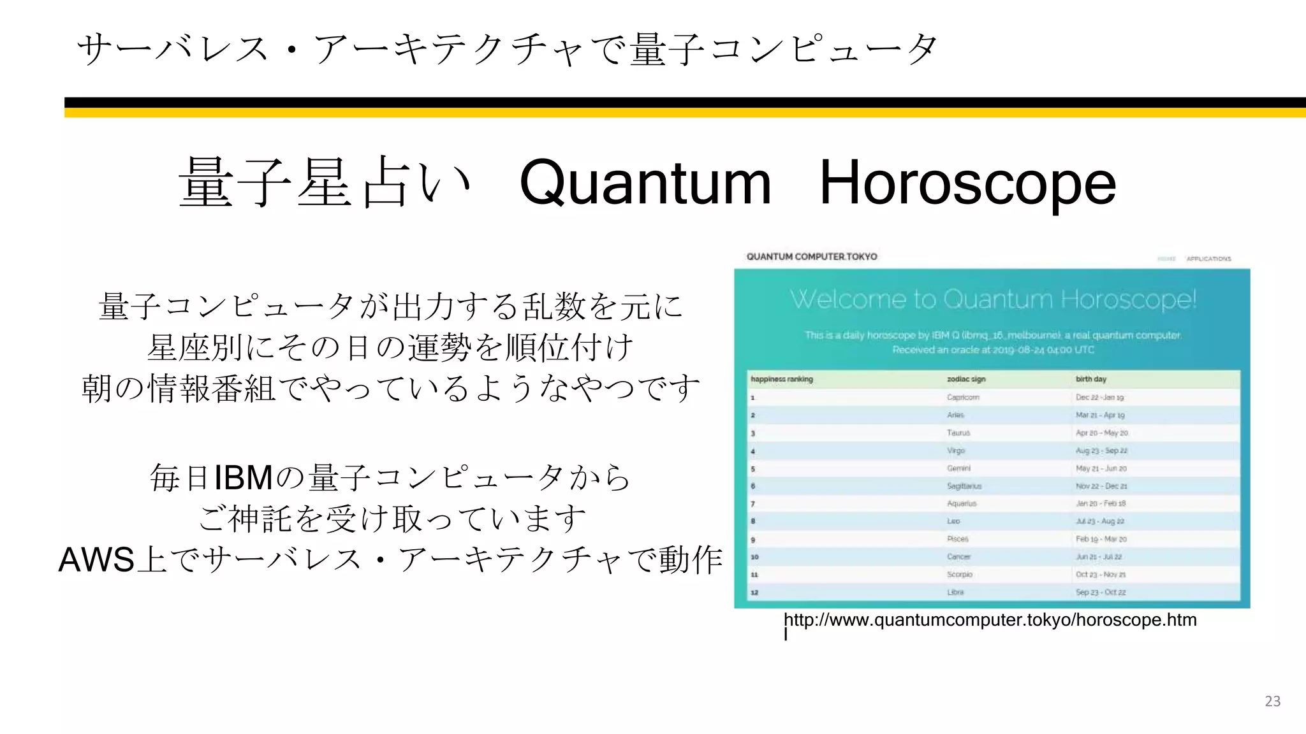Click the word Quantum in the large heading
coord(645,183)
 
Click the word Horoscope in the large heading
coord(967,183)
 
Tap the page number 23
coord(1272,701)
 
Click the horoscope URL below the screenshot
coord(990,620)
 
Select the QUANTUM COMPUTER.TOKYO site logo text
coord(812,257)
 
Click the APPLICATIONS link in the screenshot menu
coord(1208,259)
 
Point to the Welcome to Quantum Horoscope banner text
coord(993,299)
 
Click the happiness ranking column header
coord(782,379)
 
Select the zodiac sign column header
coord(966,379)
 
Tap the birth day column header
coord(1091,379)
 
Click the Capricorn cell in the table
coord(963,397)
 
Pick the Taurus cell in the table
coord(958,433)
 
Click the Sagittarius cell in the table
coord(964,486)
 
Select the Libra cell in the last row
coord(955,592)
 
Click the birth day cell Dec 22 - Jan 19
coord(1099,397)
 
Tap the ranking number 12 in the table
coord(754,593)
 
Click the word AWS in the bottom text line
coord(96,559)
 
